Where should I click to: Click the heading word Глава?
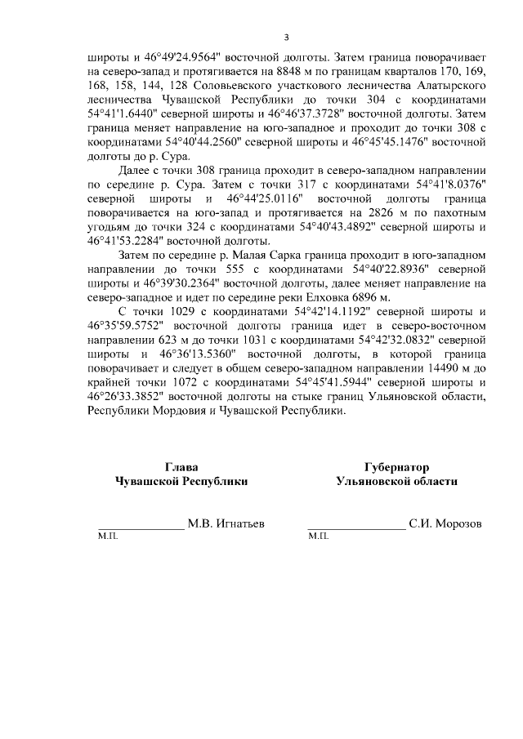click(181, 468)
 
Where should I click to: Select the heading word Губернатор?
click(396, 468)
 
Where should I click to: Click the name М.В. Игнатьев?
click(226, 523)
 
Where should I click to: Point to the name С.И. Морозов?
click(446, 523)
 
